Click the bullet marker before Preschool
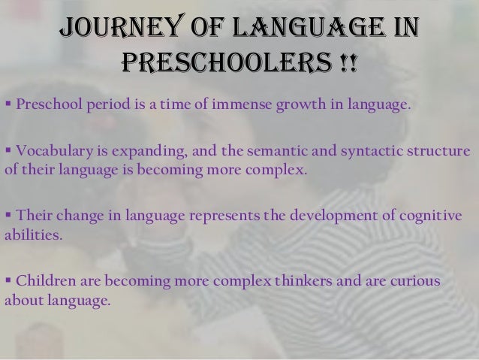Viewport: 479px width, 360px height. click(8, 103)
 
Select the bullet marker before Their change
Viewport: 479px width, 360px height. click(8, 216)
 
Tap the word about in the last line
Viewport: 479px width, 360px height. click(22, 300)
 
